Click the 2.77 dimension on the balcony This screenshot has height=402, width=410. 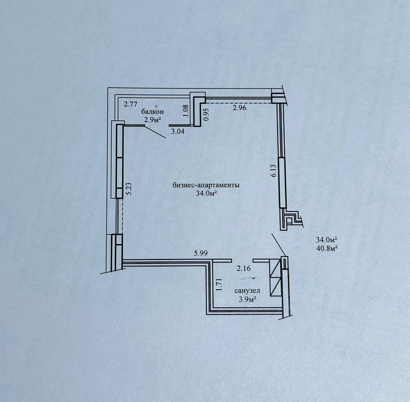point(130,105)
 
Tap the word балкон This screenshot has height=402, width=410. point(153,112)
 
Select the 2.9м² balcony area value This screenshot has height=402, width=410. point(152,120)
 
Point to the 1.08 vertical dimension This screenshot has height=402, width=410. point(186,110)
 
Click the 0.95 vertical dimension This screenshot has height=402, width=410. point(207,114)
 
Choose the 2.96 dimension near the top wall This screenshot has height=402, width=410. point(240,107)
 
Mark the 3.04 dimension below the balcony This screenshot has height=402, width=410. point(177,131)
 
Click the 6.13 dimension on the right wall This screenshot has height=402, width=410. point(274,171)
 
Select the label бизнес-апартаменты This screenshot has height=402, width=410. point(206,185)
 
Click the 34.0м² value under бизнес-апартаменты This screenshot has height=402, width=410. point(207,193)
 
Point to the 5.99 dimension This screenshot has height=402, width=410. point(200,253)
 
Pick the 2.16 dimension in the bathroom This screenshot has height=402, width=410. point(244,268)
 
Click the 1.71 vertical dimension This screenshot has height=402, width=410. point(219,285)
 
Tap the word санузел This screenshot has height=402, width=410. point(247,291)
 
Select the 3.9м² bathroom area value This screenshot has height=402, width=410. point(247,299)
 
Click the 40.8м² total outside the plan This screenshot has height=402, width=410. point(326,248)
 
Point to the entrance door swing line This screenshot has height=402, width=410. point(279,245)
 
